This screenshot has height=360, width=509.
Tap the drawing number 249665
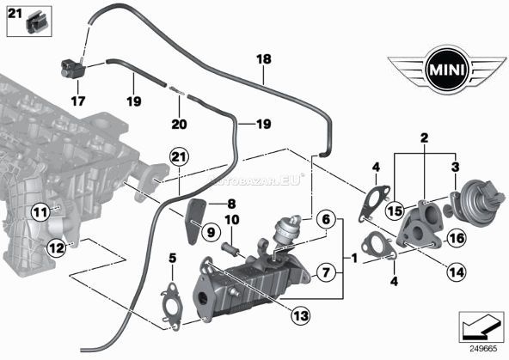(483, 350)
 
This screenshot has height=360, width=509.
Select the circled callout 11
(40, 211)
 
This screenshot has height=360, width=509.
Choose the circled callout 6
(324, 220)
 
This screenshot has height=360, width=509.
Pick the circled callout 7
(324, 274)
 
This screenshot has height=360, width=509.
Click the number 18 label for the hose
(263, 61)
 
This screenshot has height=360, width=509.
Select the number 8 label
(230, 204)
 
